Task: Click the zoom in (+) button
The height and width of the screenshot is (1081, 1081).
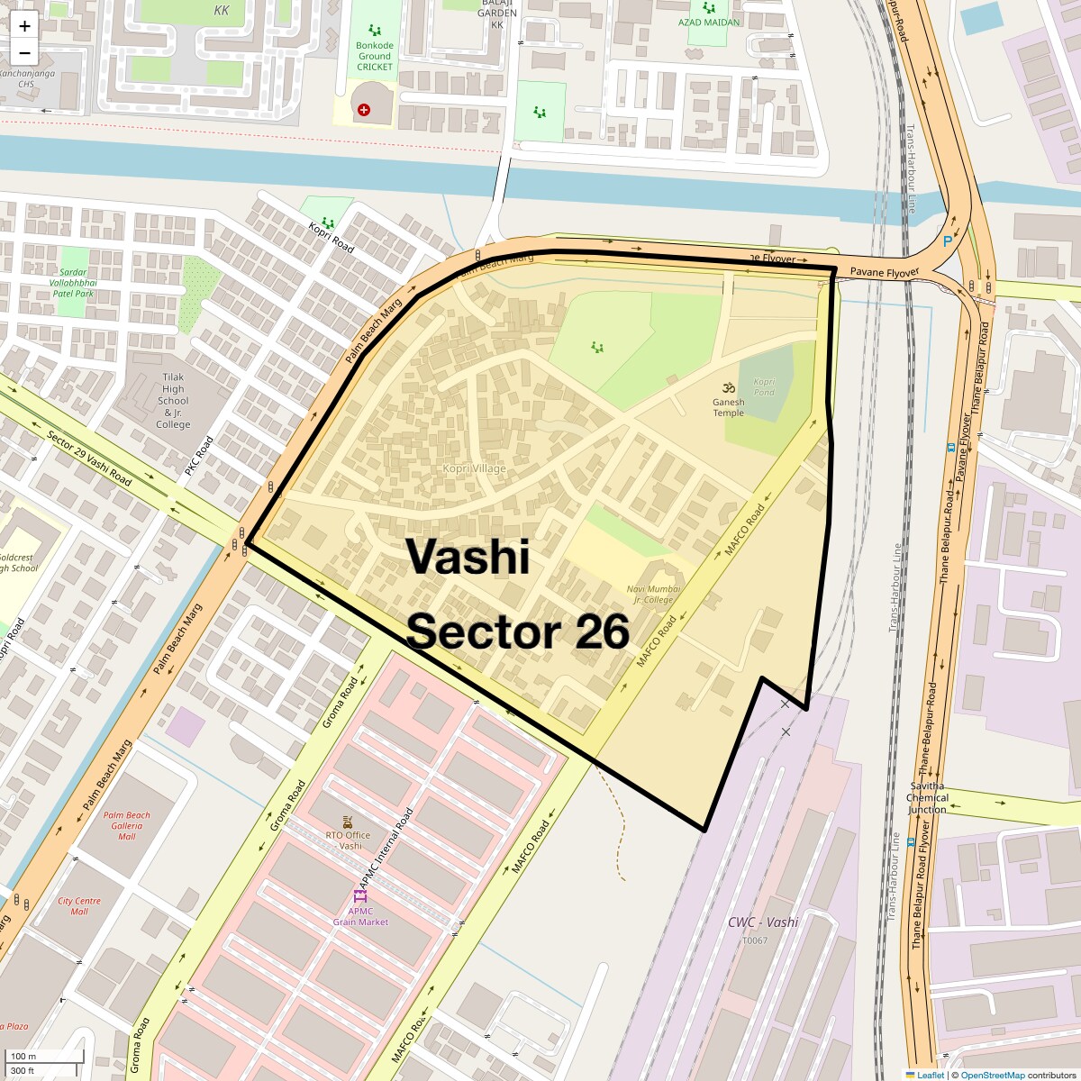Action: pos(24,26)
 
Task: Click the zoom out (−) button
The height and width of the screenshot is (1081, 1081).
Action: pos(24,52)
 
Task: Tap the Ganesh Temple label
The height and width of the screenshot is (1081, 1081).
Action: pos(728,407)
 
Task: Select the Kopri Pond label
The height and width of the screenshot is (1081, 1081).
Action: pos(764,386)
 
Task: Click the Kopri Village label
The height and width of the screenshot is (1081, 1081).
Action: pos(474,468)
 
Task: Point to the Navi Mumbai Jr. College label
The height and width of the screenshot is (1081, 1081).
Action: pos(654,595)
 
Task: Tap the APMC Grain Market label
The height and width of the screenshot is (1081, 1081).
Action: pos(360,916)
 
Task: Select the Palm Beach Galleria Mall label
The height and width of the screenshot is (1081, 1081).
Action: pos(127,825)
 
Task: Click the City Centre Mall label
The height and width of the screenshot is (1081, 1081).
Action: pos(79,905)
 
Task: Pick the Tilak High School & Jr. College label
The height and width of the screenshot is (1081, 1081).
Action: pos(173,401)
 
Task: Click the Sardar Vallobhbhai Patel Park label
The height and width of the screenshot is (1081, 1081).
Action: pos(72,283)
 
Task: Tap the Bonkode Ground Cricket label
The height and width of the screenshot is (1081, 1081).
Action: pos(375,56)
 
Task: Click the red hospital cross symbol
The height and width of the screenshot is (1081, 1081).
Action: pos(364,110)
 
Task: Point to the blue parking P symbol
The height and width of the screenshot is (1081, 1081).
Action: pos(947,241)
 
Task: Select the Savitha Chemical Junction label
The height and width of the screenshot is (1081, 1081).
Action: pos(927,797)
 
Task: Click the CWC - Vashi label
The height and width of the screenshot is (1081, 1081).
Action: pos(763,922)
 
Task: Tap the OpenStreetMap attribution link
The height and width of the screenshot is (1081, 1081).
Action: pos(992,1075)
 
